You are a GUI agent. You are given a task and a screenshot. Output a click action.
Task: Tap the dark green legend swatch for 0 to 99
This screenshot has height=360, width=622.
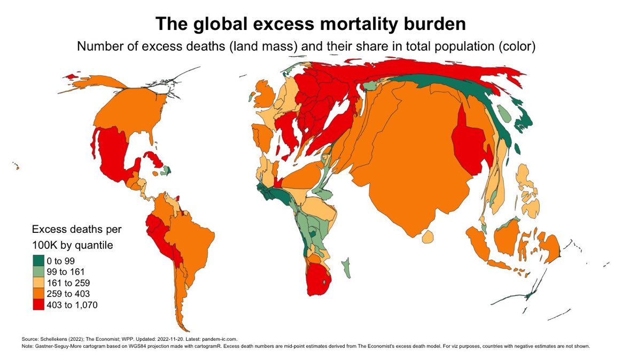click(37, 261)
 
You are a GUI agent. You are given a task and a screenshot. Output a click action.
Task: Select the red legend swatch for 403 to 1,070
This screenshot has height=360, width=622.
click(37, 305)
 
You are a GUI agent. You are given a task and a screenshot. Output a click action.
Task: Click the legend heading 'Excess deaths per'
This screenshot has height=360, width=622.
click(77, 230)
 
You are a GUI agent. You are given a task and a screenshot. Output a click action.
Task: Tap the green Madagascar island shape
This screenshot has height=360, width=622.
click(347, 267)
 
